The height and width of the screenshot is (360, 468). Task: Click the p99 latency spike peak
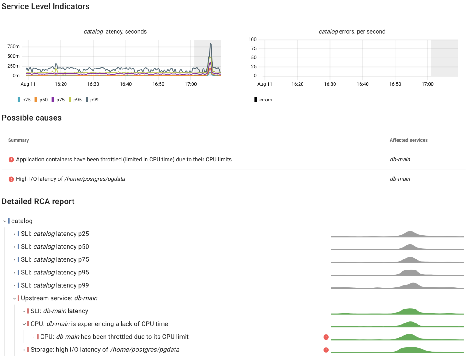(x=211, y=44)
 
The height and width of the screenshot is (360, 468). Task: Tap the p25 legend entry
(x=24, y=100)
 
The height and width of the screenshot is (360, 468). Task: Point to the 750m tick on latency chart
(x=13, y=47)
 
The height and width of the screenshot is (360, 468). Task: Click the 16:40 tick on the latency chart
(x=126, y=84)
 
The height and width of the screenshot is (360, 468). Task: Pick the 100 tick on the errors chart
(x=252, y=40)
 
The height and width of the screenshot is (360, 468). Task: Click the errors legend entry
(x=263, y=100)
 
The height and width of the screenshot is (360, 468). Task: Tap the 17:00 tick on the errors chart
(x=427, y=84)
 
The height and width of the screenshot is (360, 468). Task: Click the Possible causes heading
(x=32, y=118)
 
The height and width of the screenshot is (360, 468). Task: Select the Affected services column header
(x=409, y=140)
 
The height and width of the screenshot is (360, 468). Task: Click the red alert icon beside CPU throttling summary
(x=11, y=160)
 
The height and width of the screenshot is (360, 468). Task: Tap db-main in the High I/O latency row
(x=400, y=179)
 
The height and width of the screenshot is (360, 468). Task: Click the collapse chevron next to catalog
(x=5, y=221)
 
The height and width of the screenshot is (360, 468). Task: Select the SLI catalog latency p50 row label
(x=55, y=247)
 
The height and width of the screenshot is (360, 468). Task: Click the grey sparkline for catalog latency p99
(x=397, y=286)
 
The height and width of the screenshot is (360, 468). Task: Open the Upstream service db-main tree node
(x=59, y=298)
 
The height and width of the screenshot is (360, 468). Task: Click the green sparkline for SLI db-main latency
(x=397, y=312)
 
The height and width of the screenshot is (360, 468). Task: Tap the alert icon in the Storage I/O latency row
(x=326, y=350)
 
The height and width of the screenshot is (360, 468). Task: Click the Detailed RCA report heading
(x=38, y=202)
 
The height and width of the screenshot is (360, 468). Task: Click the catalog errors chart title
(x=352, y=32)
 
